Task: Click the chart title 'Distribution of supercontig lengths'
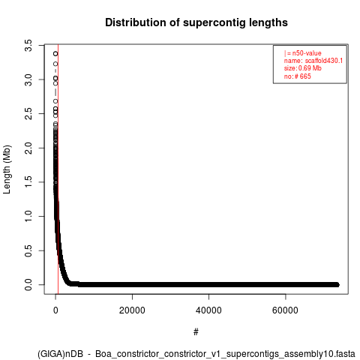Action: (x=196, y=22)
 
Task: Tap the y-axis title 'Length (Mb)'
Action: (x=7, y=169)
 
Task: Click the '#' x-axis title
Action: (x=196, y=332)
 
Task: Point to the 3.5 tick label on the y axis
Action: (x=28, y=45)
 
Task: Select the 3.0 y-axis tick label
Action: (x=28, y=79)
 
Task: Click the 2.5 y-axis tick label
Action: (x=28, y=114)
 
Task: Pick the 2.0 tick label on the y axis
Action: (x=28, y=148)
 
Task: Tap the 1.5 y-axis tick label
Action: (x=28, y=182)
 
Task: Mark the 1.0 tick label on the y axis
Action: (x=28, y=216)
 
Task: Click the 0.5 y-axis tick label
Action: (x=28, y=250)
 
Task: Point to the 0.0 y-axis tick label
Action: (x=28, y=285)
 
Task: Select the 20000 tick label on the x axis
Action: (x=132, y=310)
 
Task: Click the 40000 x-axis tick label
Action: (x=208, y=310)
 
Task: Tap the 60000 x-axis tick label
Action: (x=285, y=310)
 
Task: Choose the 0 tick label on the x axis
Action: (x=55, y=310)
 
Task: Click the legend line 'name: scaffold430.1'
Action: (x=313, y=61)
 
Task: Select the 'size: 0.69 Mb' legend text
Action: (x=302, y=68)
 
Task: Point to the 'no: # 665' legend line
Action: (x=297, y=76)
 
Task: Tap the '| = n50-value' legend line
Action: (x=302, y=53)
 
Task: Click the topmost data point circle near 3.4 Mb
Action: (x=55, y=53)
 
